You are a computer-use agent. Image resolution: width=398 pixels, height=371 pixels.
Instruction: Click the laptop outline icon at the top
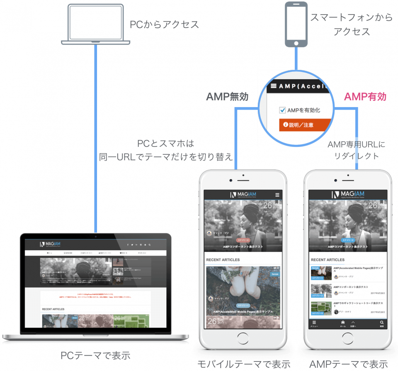(96, 24)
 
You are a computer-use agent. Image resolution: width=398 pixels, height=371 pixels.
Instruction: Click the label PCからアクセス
(165, 24)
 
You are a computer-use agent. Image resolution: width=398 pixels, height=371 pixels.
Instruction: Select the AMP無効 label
(228, 97)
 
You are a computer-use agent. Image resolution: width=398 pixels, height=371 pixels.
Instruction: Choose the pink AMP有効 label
(365, 97)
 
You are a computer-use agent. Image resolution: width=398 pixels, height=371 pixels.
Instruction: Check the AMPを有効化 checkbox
(283, 110)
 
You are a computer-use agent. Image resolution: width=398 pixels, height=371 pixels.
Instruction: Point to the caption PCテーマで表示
(95, 356)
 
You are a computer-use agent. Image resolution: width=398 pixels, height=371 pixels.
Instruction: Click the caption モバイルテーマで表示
(243, 364)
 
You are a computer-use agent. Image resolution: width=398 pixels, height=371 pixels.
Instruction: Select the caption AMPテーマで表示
(348, 364)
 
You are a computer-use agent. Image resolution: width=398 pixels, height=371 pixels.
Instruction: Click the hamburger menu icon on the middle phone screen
(277, 195)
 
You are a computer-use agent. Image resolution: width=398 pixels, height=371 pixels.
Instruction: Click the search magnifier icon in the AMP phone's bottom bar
(381, 323)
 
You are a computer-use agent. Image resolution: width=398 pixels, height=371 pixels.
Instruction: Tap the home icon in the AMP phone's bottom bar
(343, 323)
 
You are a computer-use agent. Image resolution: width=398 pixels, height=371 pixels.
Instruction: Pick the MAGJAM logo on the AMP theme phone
(348, 195)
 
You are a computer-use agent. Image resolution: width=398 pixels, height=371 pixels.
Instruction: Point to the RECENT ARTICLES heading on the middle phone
(223, 260)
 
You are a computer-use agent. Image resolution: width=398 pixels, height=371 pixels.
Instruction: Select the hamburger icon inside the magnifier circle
(273, 87)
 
